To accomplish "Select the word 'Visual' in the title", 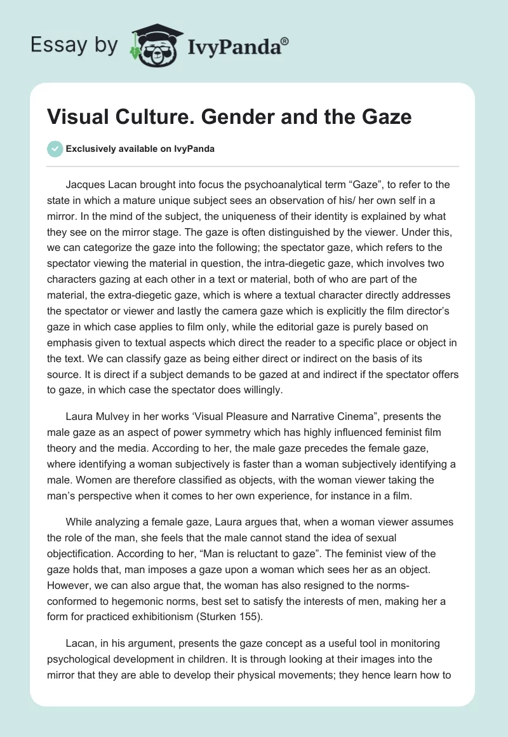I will (x=76, y=117).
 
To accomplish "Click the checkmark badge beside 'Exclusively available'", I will (x=55, y=149).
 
